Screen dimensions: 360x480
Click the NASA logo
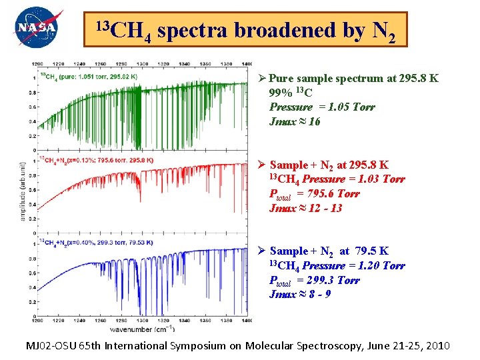click(x=39, y=27)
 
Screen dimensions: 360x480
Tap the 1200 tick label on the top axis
click(x=39, y=63)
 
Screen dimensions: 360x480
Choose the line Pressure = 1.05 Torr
click(x=322, y=107)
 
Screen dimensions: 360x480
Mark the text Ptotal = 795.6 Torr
click(x=313, y=194)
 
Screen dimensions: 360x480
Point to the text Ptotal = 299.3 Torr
click(x=313, y=280)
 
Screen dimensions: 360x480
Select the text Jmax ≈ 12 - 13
click(x=305, y=208)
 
